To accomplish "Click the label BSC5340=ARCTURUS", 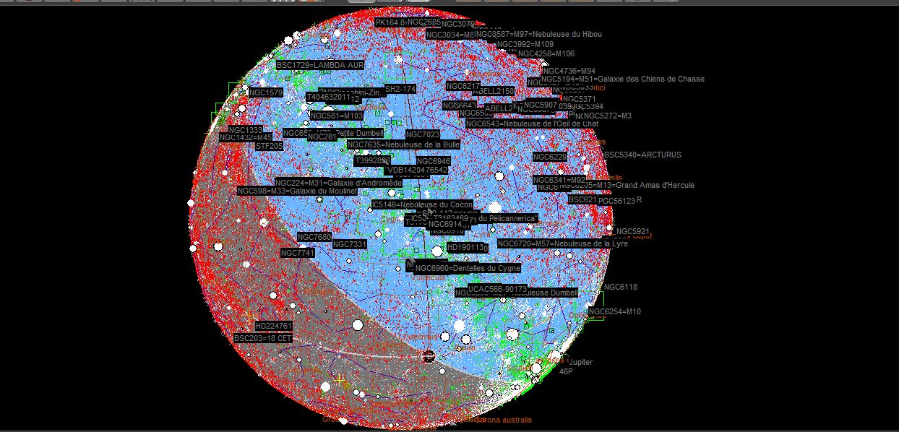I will [642, 155].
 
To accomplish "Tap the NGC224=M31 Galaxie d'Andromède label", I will [338, 183].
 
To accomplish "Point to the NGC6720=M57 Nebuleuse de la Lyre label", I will [562, 244].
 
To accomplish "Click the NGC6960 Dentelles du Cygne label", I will [468, 269].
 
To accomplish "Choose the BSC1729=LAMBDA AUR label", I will [320, 65].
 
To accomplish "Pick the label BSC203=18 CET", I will [263, 338].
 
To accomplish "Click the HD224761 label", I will [274, 327].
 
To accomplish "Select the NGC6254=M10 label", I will [614, 312].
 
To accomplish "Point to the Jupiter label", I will [580, 362].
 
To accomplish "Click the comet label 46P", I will [566, 371].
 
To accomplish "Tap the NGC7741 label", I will [298, 254].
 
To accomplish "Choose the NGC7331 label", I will [350, 245].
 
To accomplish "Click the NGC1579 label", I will [266, 93].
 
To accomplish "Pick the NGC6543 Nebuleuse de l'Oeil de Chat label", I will [532, 124].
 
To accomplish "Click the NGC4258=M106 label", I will [546, 53].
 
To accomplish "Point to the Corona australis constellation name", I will [504, 420].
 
